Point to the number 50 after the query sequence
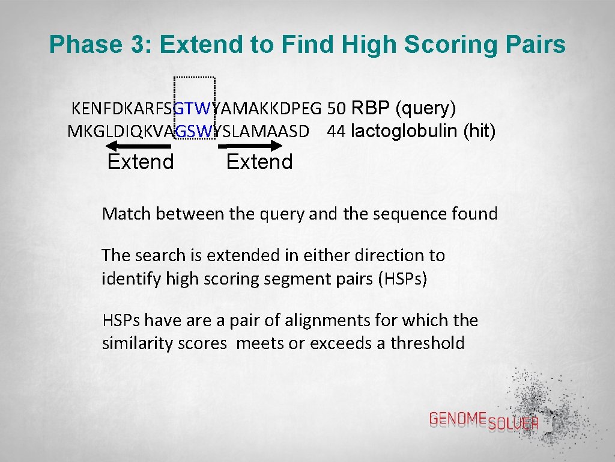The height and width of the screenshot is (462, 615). (x=337, y=109)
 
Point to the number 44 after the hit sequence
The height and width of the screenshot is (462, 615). (x=336, y=131)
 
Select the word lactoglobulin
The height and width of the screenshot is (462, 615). (x=405, y=131)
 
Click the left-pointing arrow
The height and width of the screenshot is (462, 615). (x=138, y=146)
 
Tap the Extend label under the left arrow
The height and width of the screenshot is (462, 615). (x=141, y=162)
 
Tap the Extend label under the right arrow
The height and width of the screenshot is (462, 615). (x=259, y=162)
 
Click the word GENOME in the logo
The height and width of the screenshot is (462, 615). (x=458, y=419)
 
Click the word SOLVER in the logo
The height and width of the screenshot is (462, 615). (x=514, y=423)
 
